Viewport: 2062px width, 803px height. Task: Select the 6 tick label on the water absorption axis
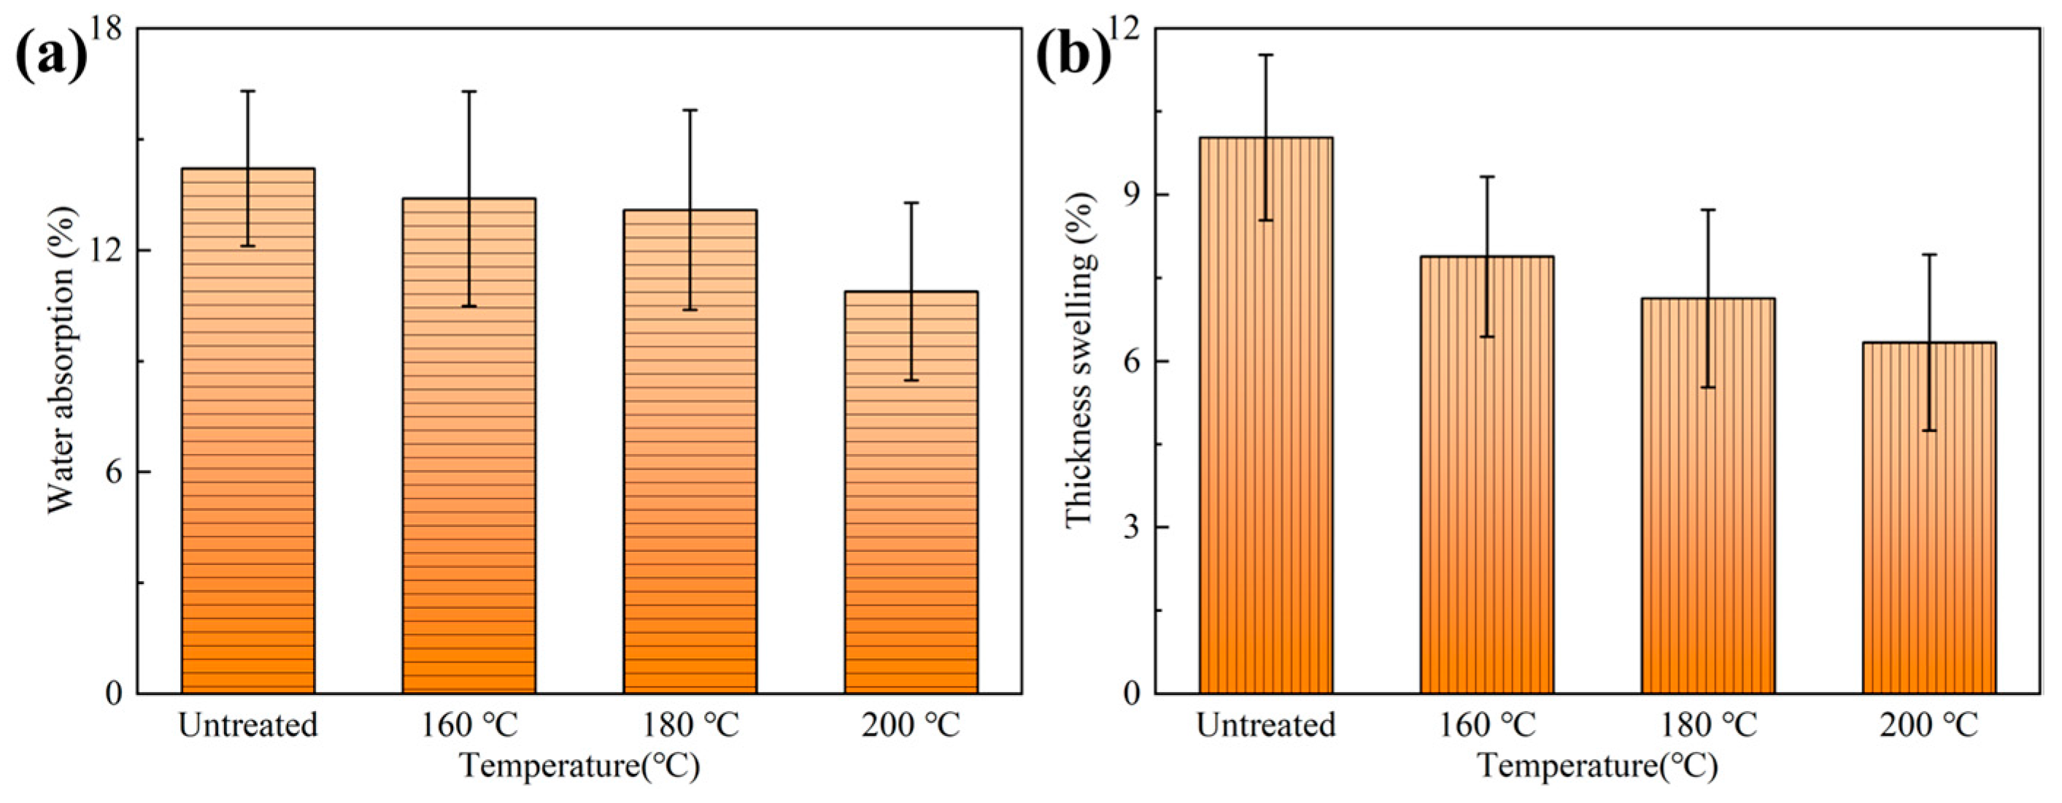click(x=114, y=472)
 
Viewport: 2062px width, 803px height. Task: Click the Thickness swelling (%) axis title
click(x=1080, y=361)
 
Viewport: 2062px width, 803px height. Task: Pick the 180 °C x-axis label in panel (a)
click(x=690, y=726)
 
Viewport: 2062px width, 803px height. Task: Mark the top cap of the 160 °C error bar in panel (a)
click(x=469, y=91)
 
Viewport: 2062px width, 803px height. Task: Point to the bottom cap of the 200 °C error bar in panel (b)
click(x=1929, y=431)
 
